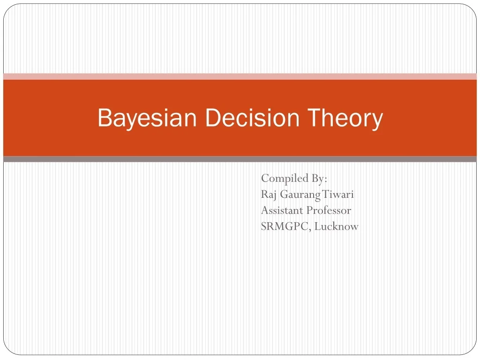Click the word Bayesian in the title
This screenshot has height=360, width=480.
(x=146, y=118)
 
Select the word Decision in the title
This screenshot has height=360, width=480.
(x=253, y=118)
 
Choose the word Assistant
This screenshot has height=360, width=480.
(x=282, y=210)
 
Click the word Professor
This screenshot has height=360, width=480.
(x=329, y=210)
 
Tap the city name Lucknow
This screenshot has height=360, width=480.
(x=337, y=226)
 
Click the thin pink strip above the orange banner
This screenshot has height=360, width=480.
(x=240, y=76)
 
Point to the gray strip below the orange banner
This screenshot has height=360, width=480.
(x=240, y=159)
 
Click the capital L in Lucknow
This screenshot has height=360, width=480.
(x=317, y=226)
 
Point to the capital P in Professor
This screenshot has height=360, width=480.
(x=309, y=210)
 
